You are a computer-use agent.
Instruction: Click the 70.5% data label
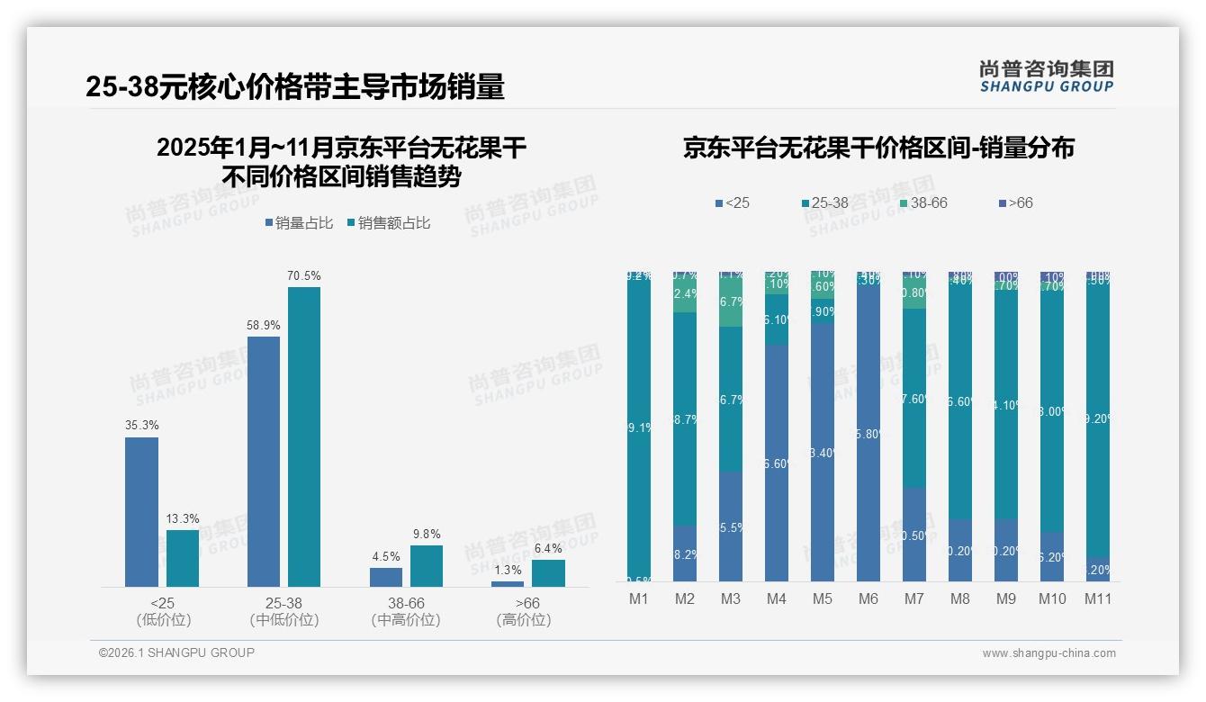303,276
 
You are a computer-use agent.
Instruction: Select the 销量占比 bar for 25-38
263,461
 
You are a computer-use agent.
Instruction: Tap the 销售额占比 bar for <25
182,558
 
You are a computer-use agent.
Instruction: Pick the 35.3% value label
141,425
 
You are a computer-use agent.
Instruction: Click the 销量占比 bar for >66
507,584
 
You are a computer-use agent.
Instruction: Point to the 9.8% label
426,534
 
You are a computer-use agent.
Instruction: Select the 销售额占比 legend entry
388,223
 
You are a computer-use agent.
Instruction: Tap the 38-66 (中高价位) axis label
405,611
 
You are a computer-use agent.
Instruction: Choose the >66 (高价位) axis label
523,611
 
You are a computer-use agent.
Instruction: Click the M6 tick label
868,599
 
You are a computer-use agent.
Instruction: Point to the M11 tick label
1097,599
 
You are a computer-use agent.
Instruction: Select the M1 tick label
639,599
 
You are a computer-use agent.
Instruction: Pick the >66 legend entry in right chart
1014,203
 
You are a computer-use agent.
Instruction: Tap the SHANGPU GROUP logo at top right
1046,76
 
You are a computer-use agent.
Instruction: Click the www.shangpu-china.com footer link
1048,653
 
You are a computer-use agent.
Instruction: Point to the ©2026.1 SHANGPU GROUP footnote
176,652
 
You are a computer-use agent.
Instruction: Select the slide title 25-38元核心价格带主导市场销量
295,86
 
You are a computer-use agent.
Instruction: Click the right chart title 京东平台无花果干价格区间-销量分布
878,148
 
